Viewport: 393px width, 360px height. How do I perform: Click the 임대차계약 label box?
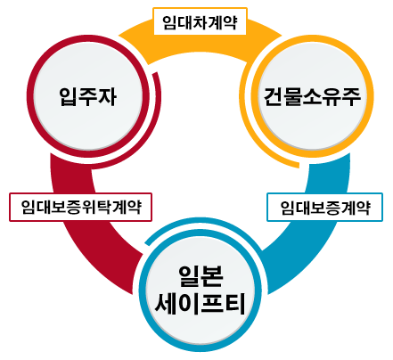coord(200,21)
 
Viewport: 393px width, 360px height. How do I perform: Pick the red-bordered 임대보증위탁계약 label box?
coord(80,207)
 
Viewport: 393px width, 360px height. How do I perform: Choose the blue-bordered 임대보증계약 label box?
coord(325,207)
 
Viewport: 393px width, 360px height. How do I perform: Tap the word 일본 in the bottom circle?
coord(201,276)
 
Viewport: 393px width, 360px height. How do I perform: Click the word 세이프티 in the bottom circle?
coord(201,303)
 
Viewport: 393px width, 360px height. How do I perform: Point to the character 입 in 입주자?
coord(69,97)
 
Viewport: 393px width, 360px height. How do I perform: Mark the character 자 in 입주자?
coord(107,97)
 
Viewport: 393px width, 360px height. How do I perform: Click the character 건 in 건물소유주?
coord(273,97)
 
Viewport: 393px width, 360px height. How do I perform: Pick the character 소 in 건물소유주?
coord(312,97)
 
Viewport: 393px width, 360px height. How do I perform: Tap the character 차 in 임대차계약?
coord(200,22)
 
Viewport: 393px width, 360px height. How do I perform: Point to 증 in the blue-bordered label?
coord(332,208)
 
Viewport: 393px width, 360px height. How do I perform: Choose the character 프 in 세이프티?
coord(212,303)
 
